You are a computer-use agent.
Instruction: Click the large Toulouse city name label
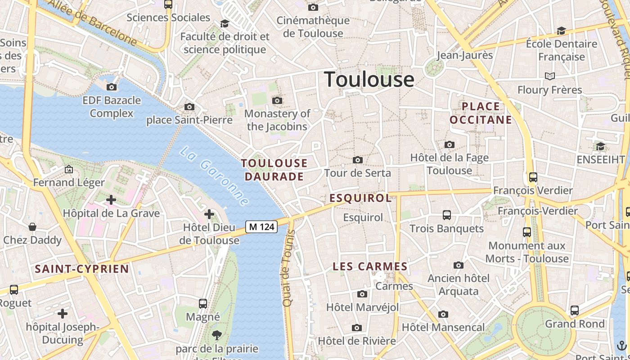point(369,79)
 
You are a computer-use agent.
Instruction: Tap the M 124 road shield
point(261,227)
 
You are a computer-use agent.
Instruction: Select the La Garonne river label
point(214,176)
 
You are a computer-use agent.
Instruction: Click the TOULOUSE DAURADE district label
point(274,170)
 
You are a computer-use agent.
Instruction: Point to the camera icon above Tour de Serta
point(358,160)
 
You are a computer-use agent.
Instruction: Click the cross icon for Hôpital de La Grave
point(111,199)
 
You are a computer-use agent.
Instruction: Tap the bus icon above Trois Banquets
point(447,215)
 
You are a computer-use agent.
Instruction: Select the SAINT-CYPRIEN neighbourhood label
point(82,269)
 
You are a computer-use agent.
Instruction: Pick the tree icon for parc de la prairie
point(217,335)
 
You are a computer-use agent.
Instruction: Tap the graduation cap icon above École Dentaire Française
point(561,31)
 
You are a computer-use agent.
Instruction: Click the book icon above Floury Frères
point(549,76)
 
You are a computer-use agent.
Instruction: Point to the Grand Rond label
point(575,324)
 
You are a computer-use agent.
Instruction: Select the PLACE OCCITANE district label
point(481,113)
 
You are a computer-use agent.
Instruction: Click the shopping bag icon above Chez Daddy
point(32,226)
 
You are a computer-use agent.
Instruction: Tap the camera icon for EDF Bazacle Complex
point(112,87)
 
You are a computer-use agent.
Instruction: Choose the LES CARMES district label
point(370,266)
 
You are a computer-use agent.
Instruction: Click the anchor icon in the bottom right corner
point(621,346)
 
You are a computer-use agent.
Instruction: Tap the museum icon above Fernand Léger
point(69,169)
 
